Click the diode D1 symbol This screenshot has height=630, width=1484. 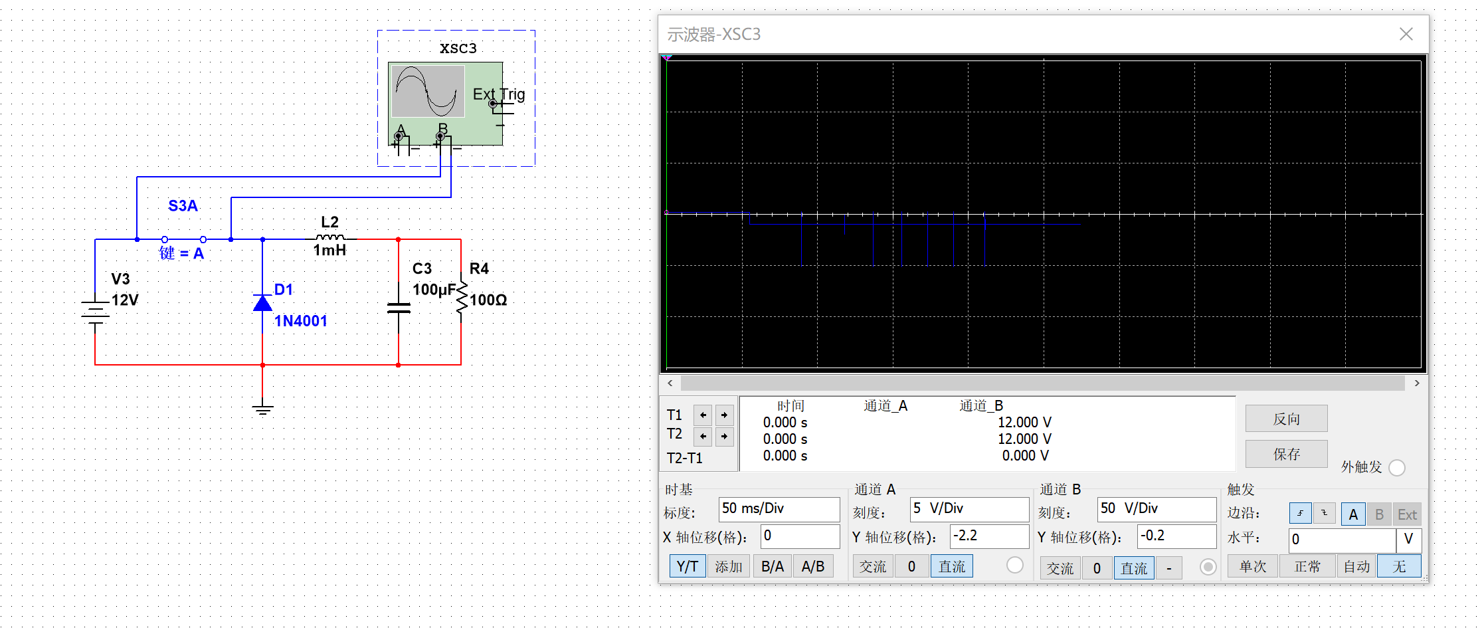coord(263,303)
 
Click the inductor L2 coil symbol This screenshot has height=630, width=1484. coord(330,237)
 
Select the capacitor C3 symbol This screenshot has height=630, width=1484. coord(399,307)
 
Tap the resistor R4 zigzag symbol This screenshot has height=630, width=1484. coord(461,297)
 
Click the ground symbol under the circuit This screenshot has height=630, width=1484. coord(263,409)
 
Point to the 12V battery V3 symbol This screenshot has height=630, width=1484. coord(96,312)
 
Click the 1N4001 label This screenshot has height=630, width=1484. coord(301,321)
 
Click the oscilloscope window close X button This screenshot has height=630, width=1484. coord(1406,34)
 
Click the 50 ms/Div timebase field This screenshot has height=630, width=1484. coord(779,509)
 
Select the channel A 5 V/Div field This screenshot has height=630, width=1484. coord(969,509)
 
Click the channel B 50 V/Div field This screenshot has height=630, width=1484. coord(1157,509)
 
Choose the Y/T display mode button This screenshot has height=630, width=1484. coord(687,566)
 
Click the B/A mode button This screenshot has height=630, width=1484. coord(773,566)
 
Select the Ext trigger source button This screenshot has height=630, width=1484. coord(1407,514)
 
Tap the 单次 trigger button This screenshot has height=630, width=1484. coord(1253,566)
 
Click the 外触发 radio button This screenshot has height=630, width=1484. coord(1397,468)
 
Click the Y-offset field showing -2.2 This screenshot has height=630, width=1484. coord(988,536)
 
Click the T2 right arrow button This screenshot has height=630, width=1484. coord(724,437)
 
